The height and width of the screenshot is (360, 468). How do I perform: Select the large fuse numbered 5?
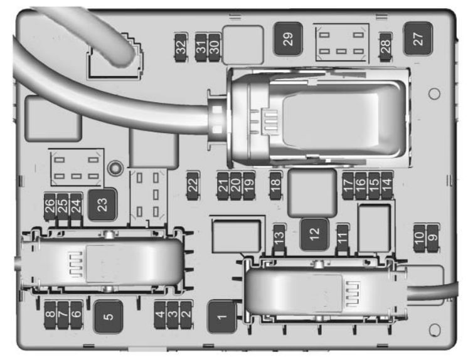(x=109, y=315)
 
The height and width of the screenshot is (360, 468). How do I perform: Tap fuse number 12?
(x=314, y=234)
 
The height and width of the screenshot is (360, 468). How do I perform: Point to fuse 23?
(x=102, y=203)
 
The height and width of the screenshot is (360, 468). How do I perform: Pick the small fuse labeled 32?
(x=181, y=46)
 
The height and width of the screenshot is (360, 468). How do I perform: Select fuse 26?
(x=50, y=205)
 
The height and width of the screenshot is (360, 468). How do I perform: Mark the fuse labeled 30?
(x=214, y=46)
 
